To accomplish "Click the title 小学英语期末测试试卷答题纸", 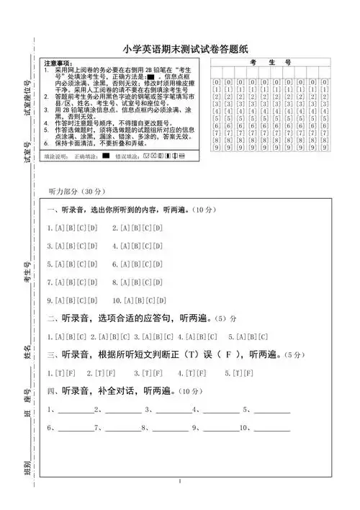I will click(184, 49).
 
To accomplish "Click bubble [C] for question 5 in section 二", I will click(263, 336).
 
